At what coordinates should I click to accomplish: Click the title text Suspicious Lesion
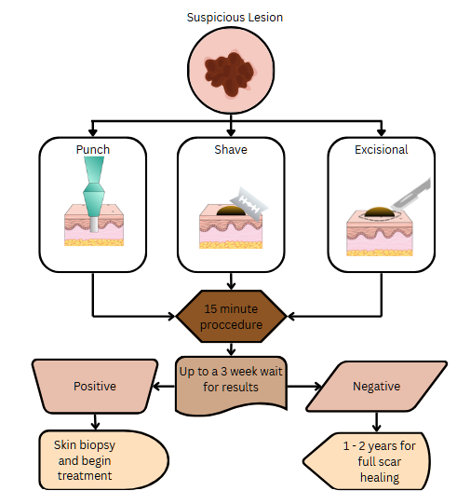235,18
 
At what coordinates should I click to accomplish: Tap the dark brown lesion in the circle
229,74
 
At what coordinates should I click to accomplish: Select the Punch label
93,150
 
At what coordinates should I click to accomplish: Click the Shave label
231,150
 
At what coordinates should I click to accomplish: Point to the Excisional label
381,150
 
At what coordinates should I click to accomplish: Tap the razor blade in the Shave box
249,204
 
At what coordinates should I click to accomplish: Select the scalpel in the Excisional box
411,194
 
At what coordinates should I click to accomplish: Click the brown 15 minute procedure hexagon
231,316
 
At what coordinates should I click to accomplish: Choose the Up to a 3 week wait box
231,384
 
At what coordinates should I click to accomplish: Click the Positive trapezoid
95,386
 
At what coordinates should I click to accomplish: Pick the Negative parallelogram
376,386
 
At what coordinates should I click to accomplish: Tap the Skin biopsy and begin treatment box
103,460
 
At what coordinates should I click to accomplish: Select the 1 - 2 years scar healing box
367,461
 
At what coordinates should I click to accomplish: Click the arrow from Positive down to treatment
96,421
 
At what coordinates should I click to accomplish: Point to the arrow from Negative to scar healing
376,422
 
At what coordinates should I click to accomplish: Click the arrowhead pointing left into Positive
156,386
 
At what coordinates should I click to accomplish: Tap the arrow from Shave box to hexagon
231,281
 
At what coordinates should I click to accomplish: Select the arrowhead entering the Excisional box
381,132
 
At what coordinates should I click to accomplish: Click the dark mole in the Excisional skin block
379,212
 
